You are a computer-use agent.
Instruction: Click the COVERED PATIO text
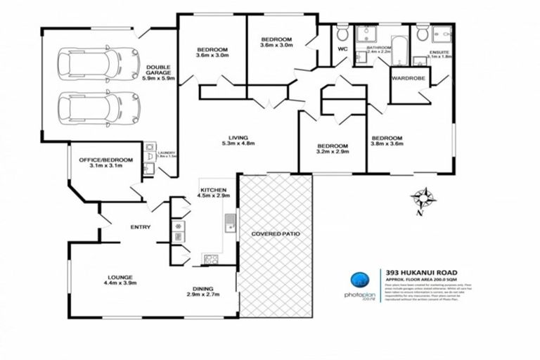click(274, 233)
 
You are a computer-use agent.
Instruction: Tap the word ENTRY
click(141, 226)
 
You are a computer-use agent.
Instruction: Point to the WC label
click(343, 50)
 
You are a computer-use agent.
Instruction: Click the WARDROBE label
click(409, 78)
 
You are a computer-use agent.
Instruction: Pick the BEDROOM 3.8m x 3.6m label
click(387, 141)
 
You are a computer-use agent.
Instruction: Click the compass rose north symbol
click(423, 198)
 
